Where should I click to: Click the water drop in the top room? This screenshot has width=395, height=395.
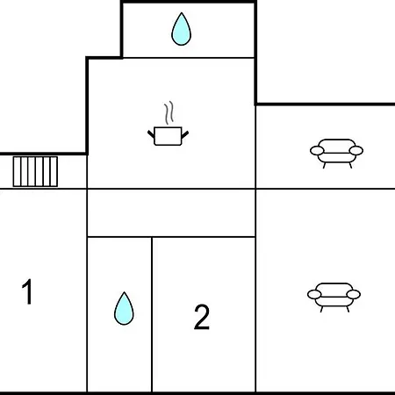tap(181, 29)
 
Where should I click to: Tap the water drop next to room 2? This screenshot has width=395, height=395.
tap(124, 309)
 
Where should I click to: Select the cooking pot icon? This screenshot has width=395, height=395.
tap(168, 136)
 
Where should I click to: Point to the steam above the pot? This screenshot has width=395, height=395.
tap(169, 112)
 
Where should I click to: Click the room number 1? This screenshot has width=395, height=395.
tap(27, 291)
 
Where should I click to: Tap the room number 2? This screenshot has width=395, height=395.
tap(202, 317)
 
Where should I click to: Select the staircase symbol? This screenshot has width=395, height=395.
tap(35, 171)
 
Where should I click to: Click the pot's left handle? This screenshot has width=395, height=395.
tap(151, 134)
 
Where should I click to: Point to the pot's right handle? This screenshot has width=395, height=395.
tap(185, 134)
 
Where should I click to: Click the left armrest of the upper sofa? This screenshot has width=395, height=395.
tap(317, 151)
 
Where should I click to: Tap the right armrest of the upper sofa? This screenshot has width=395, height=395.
tap(356, 151)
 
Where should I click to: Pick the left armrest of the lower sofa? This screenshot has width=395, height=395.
tap(314, 294)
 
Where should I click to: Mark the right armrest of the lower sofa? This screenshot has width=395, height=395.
tap(354, 294)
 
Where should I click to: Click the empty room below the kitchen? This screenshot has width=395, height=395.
tap(171, 212)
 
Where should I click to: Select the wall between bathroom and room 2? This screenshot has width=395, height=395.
tap(152, 314)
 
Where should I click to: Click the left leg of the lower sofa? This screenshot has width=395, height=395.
tap(321, 309)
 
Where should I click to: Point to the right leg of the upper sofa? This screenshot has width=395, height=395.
tap(350, 165)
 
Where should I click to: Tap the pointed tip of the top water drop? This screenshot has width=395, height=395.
tap(182, 13)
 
